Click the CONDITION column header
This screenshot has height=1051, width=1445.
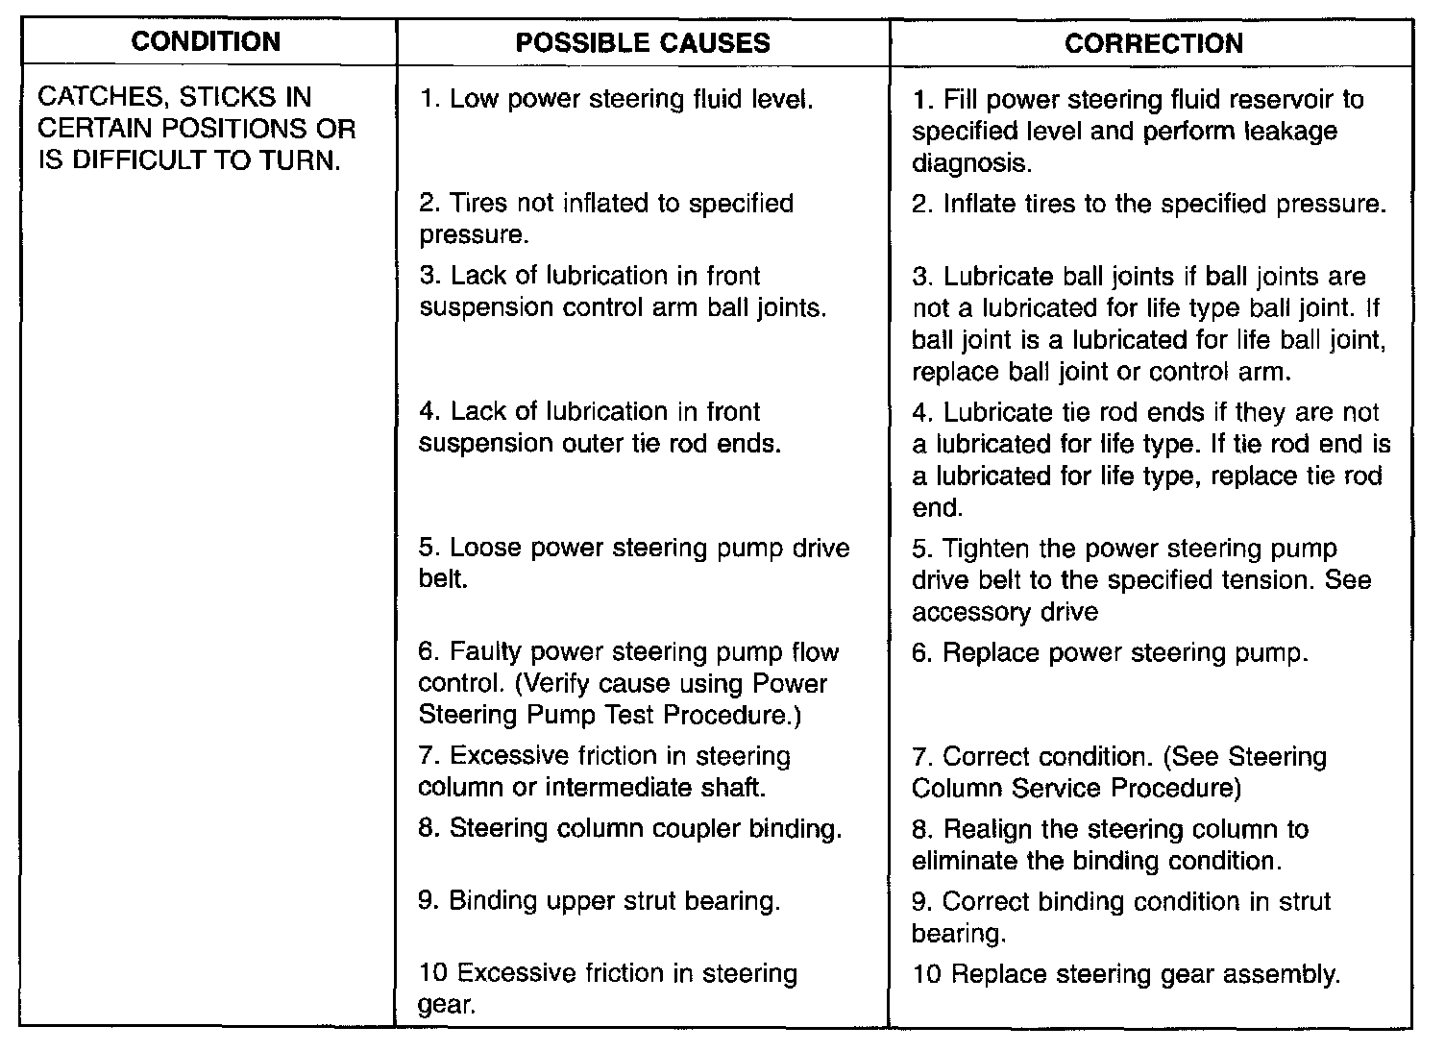(x=206, y=41)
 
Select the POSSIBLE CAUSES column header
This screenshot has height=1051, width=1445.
(x=643, y=42)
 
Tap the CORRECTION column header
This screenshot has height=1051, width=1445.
(x=1153, y=43)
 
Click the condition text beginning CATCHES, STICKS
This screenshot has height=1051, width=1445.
(x=197, y=129)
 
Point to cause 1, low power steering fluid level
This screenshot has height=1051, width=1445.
(x=617, y=99)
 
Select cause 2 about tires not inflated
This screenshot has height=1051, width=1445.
(x=606, y=219)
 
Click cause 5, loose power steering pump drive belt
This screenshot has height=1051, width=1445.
(x=634, y=564)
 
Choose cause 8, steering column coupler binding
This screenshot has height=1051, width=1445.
(x=630, y=828)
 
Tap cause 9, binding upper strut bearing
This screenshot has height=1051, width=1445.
(x=600, y=901)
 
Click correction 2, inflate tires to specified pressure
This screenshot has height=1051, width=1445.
(x=1149, y=204)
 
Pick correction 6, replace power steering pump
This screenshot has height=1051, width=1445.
(x=1111, y=653)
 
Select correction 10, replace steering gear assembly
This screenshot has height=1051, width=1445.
(x=1126, y=974)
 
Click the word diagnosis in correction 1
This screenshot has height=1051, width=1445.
(x=971, y=163)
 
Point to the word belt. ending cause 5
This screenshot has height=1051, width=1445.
(x=443, y=580)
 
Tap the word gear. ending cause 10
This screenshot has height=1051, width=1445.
(x=447, y=1006)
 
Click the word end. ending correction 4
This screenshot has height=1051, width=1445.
(x=938, y=508)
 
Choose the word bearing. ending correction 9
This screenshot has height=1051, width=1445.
(x=958, y=933)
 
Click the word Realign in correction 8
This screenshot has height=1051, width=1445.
(x=988, y=829)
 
